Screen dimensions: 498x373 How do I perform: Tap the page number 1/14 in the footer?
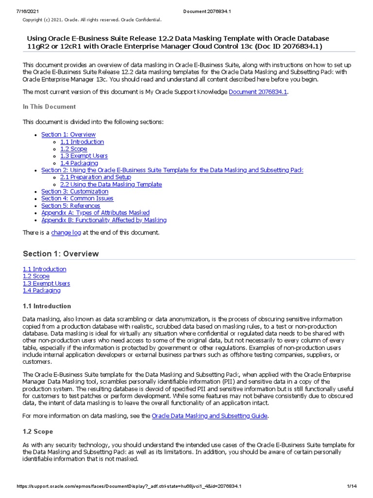[x=352, y=486]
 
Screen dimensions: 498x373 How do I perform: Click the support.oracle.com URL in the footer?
[x=129, y=486]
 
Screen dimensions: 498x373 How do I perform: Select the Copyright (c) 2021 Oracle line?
[x=92, y=20]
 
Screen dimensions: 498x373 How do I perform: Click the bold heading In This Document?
[x=49, y=107]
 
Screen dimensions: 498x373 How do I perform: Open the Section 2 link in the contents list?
[x=172, y=170]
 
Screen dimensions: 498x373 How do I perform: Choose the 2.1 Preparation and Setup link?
[x=95, y=177]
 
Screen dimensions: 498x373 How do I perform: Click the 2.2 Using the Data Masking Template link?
[x=111, y=184]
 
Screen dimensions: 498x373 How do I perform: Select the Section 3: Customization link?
[x=75, y=191]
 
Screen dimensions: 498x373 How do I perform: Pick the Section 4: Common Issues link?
[x=77, y=198]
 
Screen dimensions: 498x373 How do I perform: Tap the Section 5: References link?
[x=70, y=206]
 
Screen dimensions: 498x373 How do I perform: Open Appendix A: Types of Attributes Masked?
[x=95, y=213]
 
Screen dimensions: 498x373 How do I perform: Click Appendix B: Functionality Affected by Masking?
[x=104, y=220]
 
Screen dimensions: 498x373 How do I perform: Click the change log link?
[x=66, y=233]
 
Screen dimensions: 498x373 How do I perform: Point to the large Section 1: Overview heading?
[x=61, y=253]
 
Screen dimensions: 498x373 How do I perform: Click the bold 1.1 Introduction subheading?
[x=47, y=306]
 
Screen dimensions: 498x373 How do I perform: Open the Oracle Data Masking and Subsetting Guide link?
[x=210, y=416]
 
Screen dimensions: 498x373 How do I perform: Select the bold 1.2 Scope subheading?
[x=38, y=431]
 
